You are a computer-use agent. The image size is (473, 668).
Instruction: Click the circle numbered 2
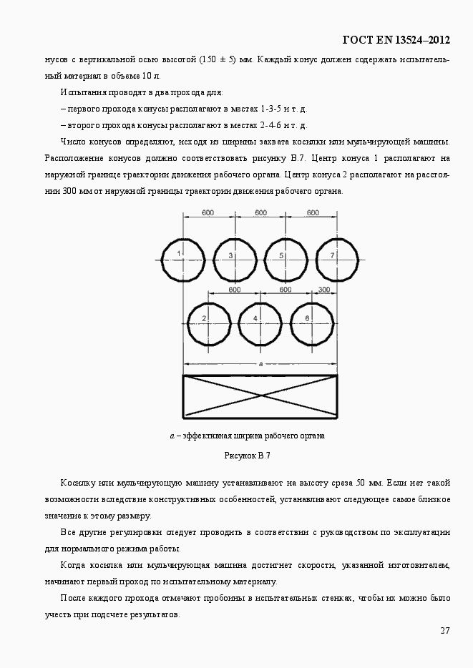[208, 323]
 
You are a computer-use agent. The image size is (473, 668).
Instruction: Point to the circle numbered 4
[260, 323]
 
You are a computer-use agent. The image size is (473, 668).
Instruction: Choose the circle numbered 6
[311, 323]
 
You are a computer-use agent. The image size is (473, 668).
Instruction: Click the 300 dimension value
[324, 290]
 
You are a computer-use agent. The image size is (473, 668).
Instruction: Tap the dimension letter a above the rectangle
[260, 363]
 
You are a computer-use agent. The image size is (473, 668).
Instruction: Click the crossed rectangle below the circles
[260, 396]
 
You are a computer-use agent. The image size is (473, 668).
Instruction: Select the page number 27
[444, 630]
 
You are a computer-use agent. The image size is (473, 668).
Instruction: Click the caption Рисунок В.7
[248, 456]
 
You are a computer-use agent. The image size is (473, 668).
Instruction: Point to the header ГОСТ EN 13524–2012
[397, 39]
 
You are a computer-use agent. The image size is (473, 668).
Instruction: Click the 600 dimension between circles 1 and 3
[208, 212]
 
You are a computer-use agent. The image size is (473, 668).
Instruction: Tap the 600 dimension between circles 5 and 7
[313, 212]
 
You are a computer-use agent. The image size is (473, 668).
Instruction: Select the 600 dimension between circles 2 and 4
[234, 290]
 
